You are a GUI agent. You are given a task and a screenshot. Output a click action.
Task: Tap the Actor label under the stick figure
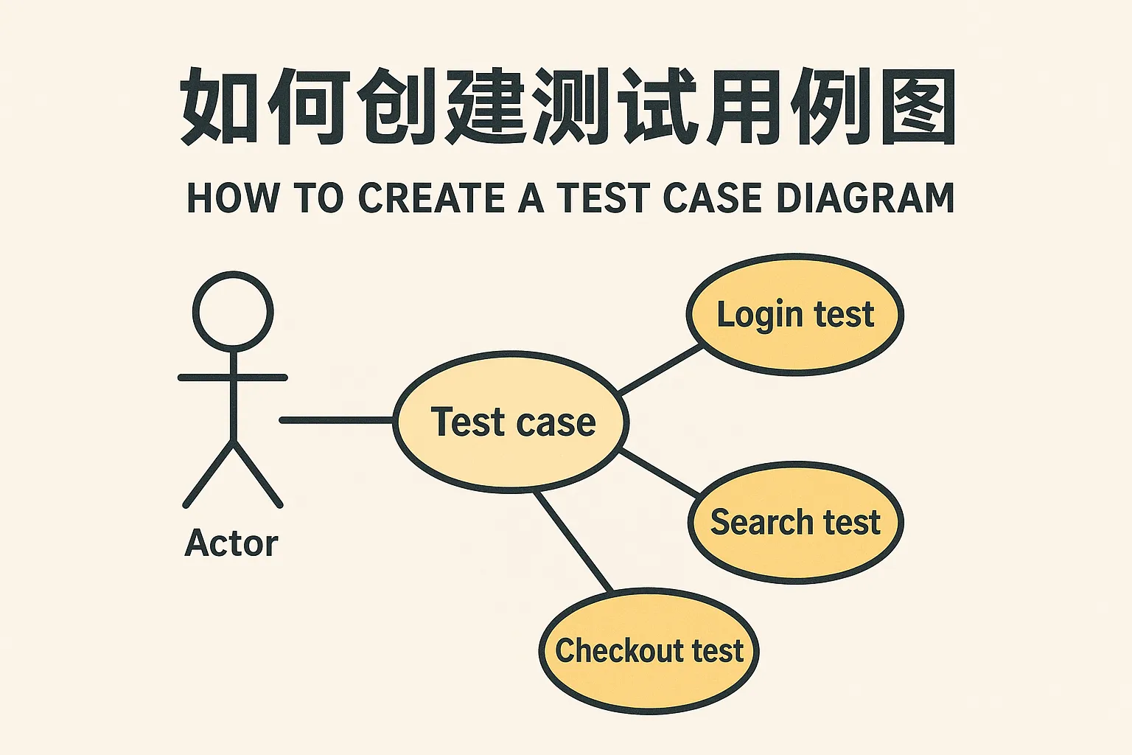(231, 543)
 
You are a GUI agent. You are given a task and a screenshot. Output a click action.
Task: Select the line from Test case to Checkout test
(573, 542)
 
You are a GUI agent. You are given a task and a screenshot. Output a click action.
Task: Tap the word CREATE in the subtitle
(432, 198)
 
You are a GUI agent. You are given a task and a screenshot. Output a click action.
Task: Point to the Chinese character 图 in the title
(918, 107)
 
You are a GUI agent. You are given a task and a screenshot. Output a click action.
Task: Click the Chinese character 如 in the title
(219, 107)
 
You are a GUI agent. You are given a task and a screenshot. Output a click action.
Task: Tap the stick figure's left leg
(209, 474)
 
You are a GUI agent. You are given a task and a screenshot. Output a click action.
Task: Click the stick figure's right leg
(257, 474)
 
